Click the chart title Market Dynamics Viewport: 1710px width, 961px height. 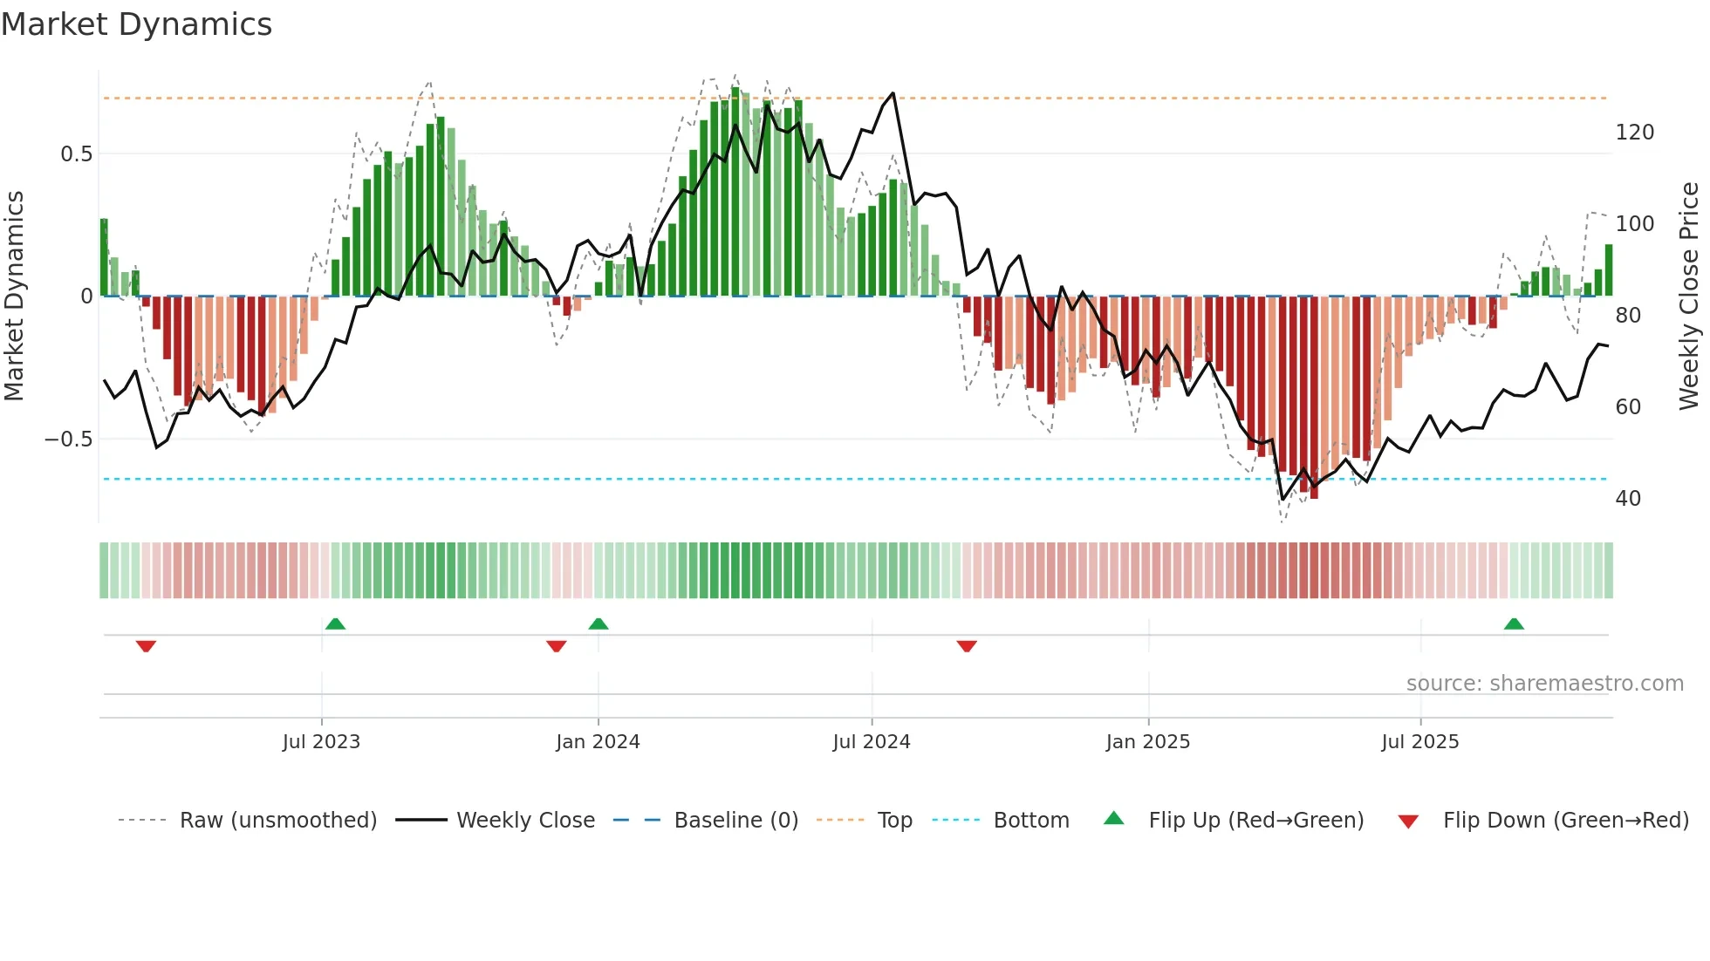coord(136,24)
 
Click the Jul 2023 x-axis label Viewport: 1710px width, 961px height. coord(321,742)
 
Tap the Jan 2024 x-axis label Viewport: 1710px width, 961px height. coord(598,742)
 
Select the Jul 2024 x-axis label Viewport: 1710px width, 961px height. coord(872,742)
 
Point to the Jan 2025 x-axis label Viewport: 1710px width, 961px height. coord(1147,742)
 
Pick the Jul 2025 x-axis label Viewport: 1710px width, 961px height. coord(1419,742)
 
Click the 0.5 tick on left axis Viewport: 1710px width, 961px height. coord(76,154)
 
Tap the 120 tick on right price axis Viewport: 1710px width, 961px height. coord(1634,133)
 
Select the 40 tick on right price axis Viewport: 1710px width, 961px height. coord(1628,499)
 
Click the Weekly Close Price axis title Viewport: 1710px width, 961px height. coord(1689,296)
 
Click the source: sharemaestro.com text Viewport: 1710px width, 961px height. coord(1544,684)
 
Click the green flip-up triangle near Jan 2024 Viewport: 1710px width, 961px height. coord(598,624)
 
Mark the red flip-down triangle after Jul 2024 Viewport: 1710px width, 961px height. coord(967,646)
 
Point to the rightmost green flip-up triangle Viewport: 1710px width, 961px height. coord(1514,624)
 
